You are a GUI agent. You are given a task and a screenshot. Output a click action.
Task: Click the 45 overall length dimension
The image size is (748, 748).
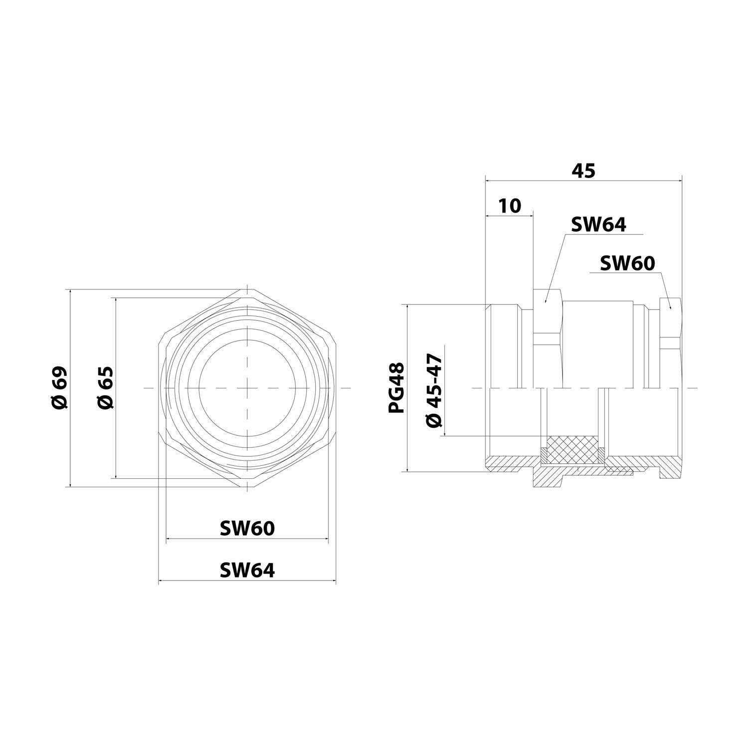coord(583,171)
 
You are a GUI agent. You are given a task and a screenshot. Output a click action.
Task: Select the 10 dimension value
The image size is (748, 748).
coord(509,205)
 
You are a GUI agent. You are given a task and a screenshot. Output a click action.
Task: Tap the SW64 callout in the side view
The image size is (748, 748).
coord(598,224)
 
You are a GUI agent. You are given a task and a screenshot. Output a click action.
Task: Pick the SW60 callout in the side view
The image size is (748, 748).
coord(627,263)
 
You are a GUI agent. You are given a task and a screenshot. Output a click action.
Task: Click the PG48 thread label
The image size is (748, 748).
coord(397,387)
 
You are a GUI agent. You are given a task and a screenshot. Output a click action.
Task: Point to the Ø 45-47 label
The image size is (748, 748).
coord(434,390)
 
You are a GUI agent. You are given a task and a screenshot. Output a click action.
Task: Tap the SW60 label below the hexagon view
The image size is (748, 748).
coord(247,528)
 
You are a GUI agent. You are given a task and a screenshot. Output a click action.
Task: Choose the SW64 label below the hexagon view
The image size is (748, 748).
coord(247,570)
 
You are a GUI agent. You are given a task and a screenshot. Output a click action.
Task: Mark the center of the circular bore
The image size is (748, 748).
coord(247,387)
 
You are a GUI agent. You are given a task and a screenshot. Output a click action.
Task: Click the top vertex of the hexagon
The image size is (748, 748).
coord(247,289)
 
